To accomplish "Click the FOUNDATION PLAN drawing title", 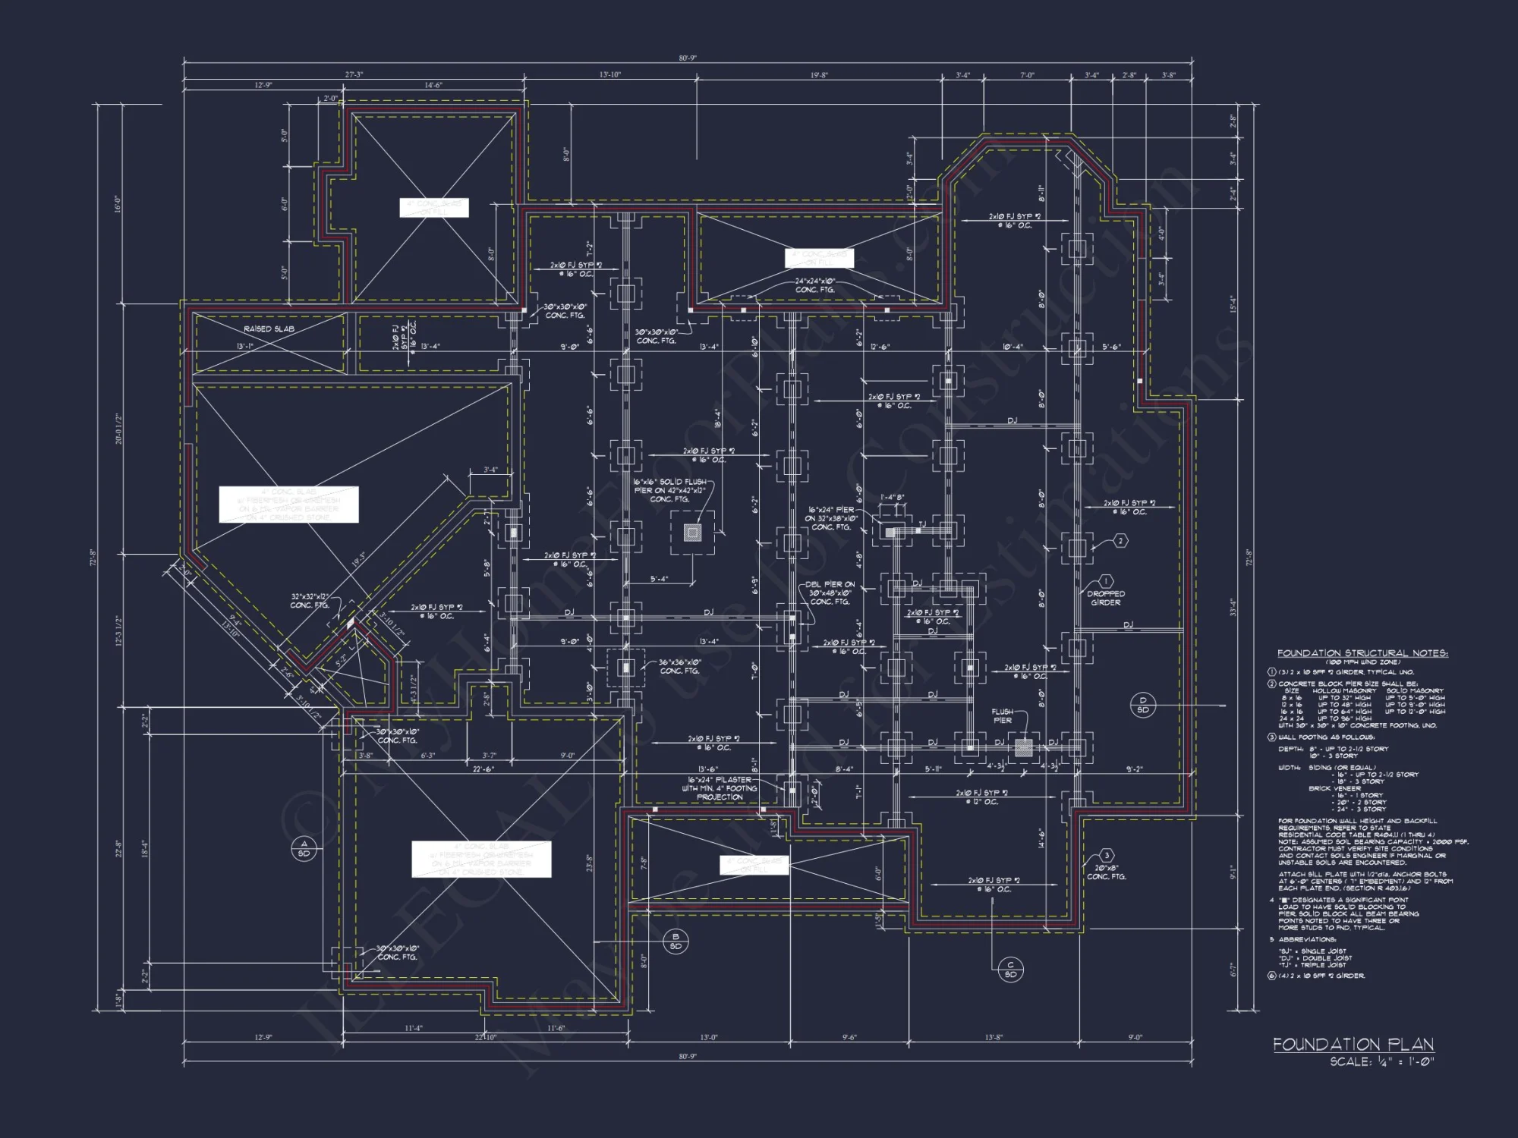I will (x=1353, y=1045).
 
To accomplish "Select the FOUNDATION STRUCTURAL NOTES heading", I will (x=1362, y=653).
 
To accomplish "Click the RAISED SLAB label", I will (x=269, y=329).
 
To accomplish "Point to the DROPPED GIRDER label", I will (x=1106, y=598).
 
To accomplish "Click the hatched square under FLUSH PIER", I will (x=1024, y=748).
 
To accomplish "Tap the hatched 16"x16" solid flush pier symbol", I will (x=692, y=533).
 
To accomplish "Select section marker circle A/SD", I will (x=304, y=848).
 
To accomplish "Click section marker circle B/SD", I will (x=676, y=942).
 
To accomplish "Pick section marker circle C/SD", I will (x=1010, y=970).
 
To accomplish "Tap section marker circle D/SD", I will (x=1143, y=705).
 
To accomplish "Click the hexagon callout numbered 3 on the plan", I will (x=1107, y=856).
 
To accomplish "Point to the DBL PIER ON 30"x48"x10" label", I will (x=830, y=593).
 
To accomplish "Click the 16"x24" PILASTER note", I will (x=720, y=788).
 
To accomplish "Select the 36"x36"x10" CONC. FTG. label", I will (x=679, y=666).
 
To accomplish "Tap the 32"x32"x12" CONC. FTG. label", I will (x=310, y=600).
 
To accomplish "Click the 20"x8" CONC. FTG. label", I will (x=1106, y=872).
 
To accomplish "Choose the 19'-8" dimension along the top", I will (x=818, y=75).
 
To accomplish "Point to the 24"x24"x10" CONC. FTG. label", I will (x=815, y=285).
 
